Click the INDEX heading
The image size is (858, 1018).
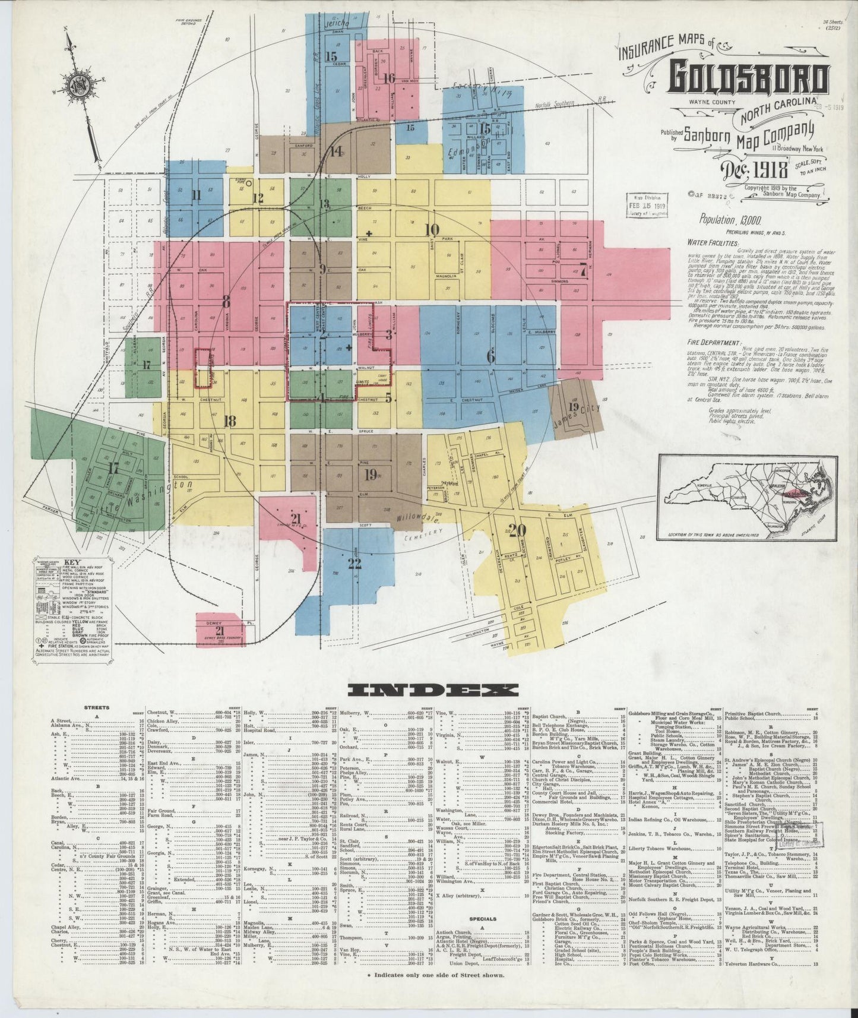433,690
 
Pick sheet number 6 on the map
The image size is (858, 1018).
490,357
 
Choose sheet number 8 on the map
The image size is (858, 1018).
226,302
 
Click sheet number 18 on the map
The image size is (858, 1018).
229,422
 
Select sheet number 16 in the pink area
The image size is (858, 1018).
389,78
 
